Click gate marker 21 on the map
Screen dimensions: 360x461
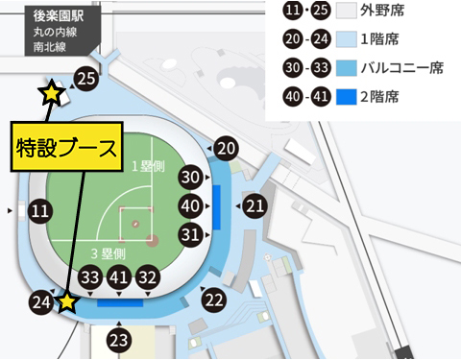255,205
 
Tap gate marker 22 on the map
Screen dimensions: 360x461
213,300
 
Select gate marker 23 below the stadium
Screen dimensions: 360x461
118,339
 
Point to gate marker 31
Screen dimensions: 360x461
191,233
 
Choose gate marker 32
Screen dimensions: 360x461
147,276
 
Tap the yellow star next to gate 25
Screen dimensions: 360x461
50,94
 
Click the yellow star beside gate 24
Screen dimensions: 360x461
67,303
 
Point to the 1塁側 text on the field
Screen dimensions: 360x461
151,167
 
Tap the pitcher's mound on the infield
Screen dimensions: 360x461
135,224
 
